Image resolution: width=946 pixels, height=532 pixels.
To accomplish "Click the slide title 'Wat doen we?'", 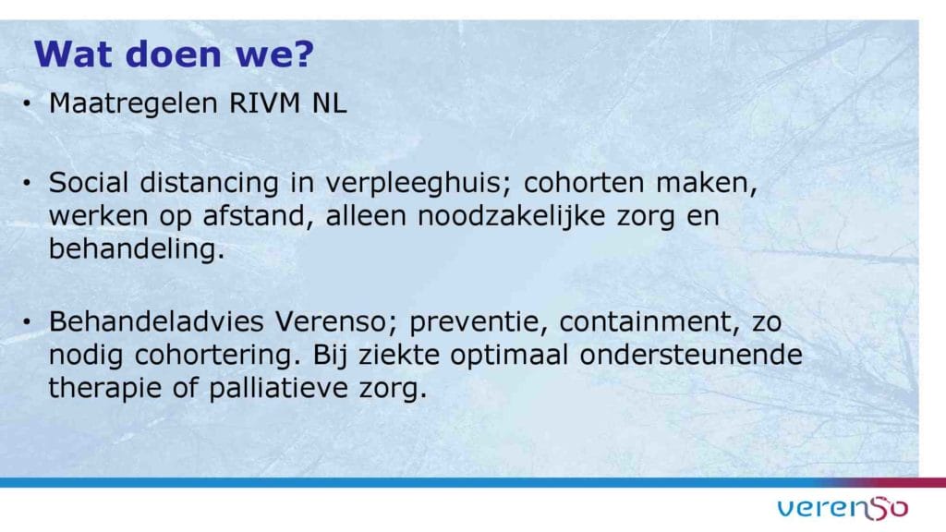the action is click(x=175, y=54).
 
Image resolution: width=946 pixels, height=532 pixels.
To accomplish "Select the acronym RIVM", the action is click(x=264, y=103).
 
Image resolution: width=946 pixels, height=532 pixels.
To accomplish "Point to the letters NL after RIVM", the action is click(x=329, y=103).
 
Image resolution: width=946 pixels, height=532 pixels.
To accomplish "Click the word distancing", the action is click(x=209, y=184).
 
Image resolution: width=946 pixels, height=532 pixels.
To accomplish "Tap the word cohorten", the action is click(x=584, y=183).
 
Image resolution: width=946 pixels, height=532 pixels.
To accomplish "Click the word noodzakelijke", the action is click(x=511, y=216).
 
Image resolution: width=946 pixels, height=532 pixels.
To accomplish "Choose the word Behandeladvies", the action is click(x=156, y=321).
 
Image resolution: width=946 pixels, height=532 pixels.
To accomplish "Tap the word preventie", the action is click(x=478, y=322).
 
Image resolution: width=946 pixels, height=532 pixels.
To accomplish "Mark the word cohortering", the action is click(x=217, y=356).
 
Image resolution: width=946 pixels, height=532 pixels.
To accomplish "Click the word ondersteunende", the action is click(x=691, y=355).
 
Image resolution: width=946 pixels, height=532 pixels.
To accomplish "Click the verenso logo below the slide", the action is click(x=843, y=508).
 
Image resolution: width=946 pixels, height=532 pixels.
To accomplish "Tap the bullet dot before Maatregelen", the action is click(x=27, y=103).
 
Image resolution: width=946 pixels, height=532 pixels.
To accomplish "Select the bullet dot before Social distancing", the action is click(x=27, y=183).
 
